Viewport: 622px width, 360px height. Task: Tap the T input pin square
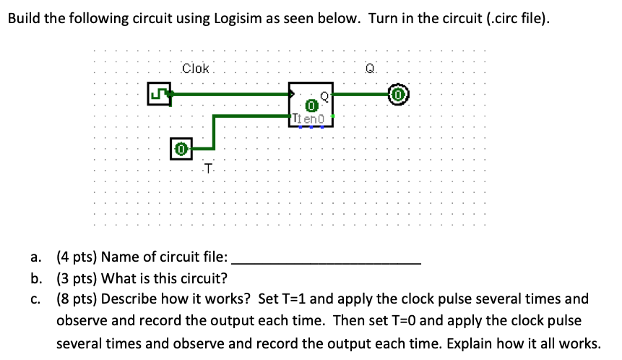(181, 150)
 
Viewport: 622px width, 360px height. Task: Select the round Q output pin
(399, 94)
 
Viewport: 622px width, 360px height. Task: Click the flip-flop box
(311, 104)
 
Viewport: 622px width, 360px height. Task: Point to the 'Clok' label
(195, 69)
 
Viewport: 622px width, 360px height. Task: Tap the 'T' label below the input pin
(208, 169)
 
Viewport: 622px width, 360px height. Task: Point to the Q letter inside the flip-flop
(324, 95)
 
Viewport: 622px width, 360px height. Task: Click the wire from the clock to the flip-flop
(231, 93)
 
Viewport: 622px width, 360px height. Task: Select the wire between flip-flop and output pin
(361, 94)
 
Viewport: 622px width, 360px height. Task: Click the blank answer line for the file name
(325, 258)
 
